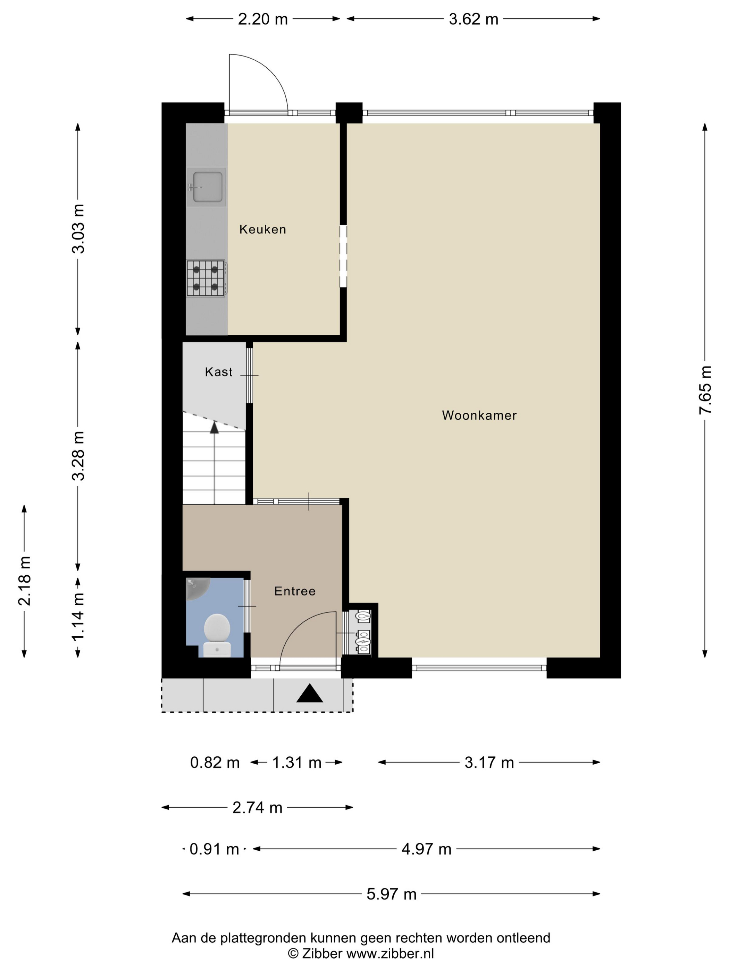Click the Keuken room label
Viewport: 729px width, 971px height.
pos(262,229)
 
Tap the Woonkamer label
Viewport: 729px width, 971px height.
pos(479,415)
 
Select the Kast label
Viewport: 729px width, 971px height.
pos(218,372)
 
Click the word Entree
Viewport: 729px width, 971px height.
pos(295,591)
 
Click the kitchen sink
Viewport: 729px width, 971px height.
pos(207,187)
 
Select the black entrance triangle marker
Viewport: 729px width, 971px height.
pos(310,693)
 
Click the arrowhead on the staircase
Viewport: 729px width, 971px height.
pos(214,427)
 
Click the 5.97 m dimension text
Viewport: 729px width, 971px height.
pos(392,894)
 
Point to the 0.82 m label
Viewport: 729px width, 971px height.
pos(215,763)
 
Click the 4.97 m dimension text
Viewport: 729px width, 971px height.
pos(427,849)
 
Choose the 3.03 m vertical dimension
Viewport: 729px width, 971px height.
pos(78,229)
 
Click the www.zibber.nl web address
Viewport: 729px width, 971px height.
pos(390,953)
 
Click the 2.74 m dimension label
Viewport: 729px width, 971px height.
pos(258,807)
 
